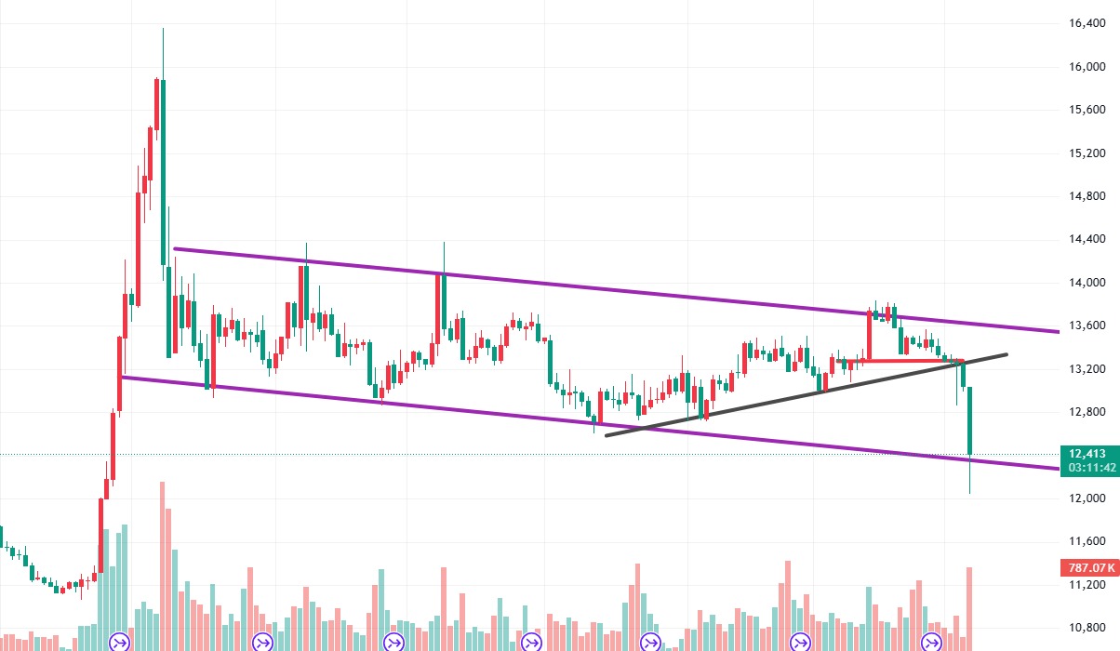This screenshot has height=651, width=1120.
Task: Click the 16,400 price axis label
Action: [x=1088, y=24]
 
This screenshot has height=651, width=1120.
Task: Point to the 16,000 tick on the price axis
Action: [x=1088, y=67]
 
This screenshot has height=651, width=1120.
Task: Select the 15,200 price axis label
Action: [x=1088, y=153]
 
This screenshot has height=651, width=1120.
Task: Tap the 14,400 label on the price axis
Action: [x=1088, y=240]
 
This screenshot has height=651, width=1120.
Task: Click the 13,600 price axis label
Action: [x=1088, y=325]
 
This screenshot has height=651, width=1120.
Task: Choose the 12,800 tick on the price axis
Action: [x=1088, y=412]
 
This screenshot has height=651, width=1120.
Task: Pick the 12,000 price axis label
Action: [x=1088, y=498]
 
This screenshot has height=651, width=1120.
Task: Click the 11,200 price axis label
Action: [x=1088, y=585]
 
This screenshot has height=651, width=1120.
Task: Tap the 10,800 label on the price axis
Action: [x=1088, y=628]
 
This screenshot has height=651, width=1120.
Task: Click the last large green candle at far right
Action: [x=969, y=423]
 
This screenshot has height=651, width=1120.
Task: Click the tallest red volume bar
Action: [x=163, y=558]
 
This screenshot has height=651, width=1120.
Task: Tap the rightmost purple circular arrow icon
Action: [x=931, y=642]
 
